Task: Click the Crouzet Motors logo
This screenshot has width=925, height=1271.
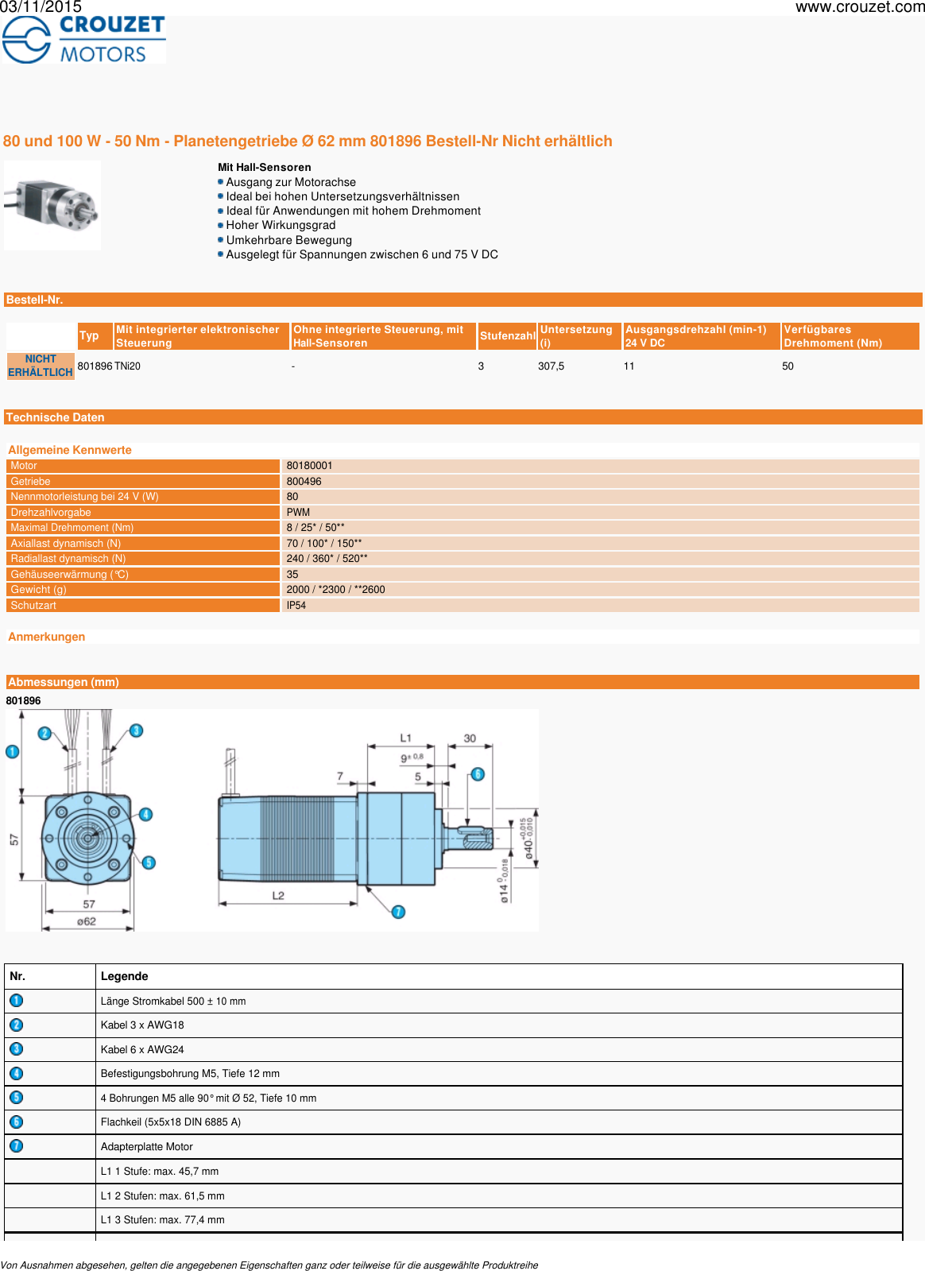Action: (83, 40)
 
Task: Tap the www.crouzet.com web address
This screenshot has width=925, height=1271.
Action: (859, 8)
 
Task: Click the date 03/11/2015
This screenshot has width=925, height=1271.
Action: (41, 7)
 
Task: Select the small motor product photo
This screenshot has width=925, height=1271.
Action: (52, 205)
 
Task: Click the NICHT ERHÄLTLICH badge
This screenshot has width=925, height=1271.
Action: (41, 366)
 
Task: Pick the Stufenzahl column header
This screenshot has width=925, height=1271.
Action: (507, 336)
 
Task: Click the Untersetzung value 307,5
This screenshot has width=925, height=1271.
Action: (551, 366)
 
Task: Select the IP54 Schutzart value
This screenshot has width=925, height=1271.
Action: (296, 606)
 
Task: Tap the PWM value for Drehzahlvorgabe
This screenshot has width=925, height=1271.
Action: (298, 513)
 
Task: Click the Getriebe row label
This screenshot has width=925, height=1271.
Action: (30, 482)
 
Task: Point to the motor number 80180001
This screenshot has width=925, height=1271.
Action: (309, 466)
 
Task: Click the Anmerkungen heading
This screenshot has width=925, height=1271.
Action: (46, 637)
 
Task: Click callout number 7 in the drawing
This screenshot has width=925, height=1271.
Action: (398, 912)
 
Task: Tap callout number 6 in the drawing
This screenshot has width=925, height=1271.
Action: (478, 774)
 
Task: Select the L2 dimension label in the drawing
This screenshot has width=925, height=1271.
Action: (278, 896)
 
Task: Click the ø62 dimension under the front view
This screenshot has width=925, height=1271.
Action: (87, 922)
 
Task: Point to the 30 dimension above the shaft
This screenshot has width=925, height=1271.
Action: (470, 738)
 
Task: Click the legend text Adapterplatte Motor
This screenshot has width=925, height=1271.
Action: (147, 1146)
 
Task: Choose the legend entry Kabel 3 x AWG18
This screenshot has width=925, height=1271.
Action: (142, 1025)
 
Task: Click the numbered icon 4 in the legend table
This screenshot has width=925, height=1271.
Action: (17, 1074)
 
